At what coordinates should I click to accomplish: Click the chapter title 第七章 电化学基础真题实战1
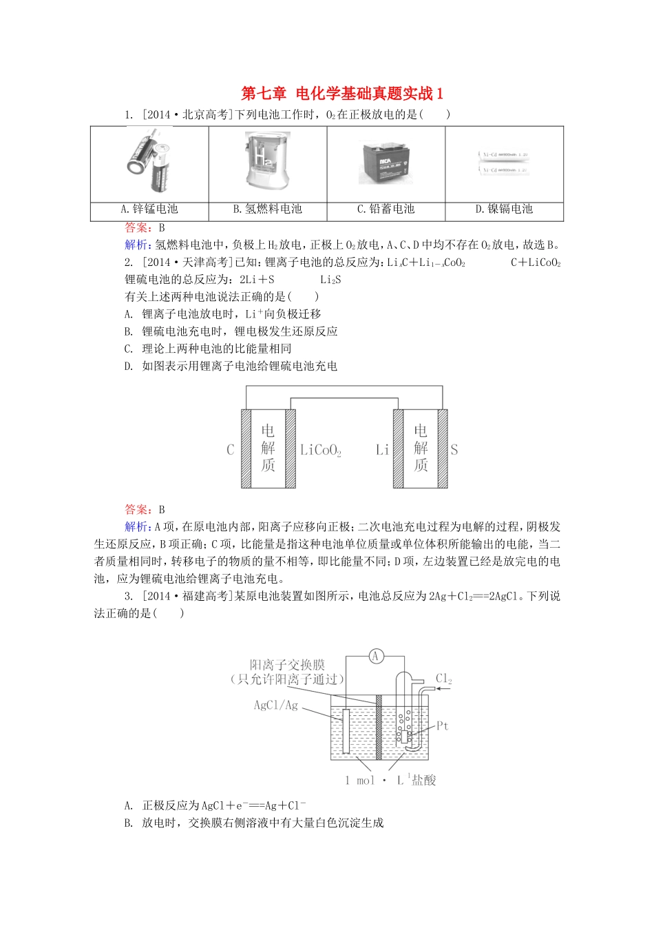click(x=342, y=94)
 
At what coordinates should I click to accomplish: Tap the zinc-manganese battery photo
click(x=149, y=163)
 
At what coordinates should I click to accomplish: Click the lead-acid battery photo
click(x=385, y=163)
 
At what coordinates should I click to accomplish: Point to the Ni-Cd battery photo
click(x=504, y=163)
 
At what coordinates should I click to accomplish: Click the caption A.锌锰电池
click(x=149, y=209)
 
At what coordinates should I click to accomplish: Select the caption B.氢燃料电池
click(x=267, y=209)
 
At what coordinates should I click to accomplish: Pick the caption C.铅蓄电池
click(x=386, y=209)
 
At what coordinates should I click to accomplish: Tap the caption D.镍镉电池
click(x=504, y=209)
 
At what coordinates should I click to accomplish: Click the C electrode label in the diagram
click(x=231, y=450)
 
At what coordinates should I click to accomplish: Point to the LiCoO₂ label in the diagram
click(x=321, y=451)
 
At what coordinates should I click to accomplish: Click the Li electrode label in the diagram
click(x=382, y=450)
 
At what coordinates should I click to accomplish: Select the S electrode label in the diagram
click(x=454, y=450)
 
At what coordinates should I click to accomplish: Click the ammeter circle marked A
click(x=376, y=656)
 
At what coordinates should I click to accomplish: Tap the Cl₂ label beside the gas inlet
click(x=444, y=679)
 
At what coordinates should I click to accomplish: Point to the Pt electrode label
click(x=442, y=726)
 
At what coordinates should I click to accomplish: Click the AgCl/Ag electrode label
click(x=276, y=705)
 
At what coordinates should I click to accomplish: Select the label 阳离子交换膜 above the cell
click(x=287, y=665)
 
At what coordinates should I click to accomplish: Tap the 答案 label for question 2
click(x=138, y=510)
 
